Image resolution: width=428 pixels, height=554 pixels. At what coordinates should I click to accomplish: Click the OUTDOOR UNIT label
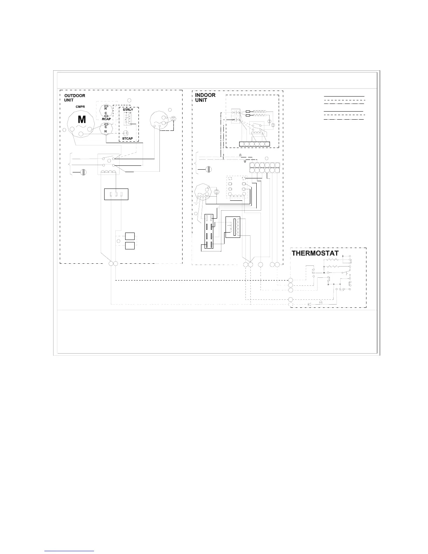pos(75,98)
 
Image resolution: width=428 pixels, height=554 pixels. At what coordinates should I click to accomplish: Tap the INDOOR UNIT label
pos(205,98)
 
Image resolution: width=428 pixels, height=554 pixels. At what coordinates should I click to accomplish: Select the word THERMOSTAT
pos(315,254)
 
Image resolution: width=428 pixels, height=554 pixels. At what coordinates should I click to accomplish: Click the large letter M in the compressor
pos(81,120)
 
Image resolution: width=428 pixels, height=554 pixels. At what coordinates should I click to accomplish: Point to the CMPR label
pos(80,107)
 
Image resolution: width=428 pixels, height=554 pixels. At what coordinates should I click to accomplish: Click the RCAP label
pos(106,119)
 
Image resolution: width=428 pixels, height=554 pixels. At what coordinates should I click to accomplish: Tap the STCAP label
pos(128,139)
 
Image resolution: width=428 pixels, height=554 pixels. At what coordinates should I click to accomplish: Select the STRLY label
pos(128,109)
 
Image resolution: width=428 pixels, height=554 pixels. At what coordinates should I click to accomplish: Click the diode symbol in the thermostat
pos(309,304)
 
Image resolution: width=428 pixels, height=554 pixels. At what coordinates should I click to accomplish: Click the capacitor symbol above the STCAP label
pos(126,133)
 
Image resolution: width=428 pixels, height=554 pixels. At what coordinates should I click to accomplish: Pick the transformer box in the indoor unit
pos(233,227)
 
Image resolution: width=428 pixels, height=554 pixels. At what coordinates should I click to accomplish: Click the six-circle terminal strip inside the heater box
pos(255,144)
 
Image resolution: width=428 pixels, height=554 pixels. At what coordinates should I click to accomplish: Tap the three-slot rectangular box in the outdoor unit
pos(116,194)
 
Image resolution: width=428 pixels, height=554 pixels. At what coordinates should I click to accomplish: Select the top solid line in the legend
pos(344,97)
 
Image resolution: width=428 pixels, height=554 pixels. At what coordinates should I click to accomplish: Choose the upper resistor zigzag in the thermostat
pos(331,260)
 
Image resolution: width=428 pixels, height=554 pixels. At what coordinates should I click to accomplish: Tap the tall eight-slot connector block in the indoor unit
pos(209,231)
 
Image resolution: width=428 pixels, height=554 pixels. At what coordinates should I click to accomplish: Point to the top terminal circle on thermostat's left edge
pos(291,280)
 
